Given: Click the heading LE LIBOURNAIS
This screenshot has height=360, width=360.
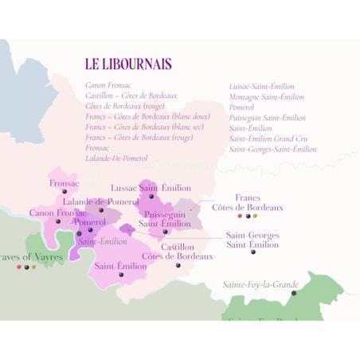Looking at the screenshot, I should [x=128, y=64].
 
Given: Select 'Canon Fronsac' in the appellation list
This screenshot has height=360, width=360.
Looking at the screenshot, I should [x=108, y=85].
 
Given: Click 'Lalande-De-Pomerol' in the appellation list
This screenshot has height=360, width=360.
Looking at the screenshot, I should [x=116, y=158].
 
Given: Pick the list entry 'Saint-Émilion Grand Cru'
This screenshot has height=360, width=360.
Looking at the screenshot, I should [x=269, y=138].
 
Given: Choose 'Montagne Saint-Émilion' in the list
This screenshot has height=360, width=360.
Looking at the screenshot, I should [x=266, y=96].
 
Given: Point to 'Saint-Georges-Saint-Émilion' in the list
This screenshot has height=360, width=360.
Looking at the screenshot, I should [x=272, y=148].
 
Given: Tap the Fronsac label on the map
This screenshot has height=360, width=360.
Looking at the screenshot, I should [x=65, y=183].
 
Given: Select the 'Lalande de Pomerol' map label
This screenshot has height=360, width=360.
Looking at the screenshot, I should [x=101, y=202].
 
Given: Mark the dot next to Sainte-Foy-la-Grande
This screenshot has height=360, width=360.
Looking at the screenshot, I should [x=294, y=293].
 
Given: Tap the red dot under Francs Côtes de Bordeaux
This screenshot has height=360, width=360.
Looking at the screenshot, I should [x=240, y=216].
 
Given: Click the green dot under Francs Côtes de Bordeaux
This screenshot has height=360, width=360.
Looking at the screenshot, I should [x=255, y=216].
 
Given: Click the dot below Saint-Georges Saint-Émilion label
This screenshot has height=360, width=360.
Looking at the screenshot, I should [x=253, y=252].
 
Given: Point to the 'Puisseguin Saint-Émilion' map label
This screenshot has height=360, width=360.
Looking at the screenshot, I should [x=165, y=219].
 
